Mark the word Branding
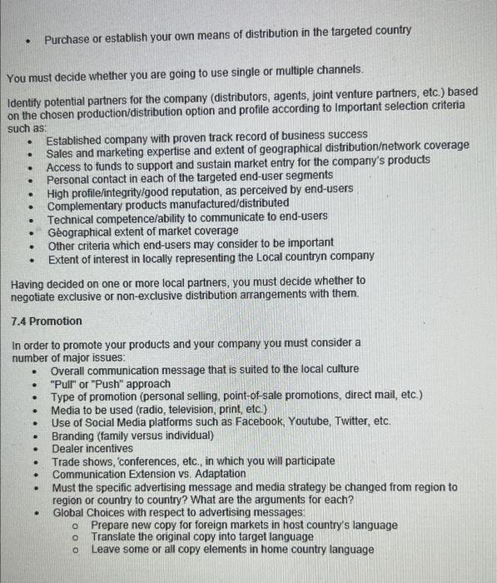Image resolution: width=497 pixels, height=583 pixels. point(74,435)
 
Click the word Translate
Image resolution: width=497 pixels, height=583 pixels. point(114,536)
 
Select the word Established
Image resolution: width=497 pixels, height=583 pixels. point(79,136)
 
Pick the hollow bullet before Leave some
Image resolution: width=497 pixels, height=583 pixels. point(74,550)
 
